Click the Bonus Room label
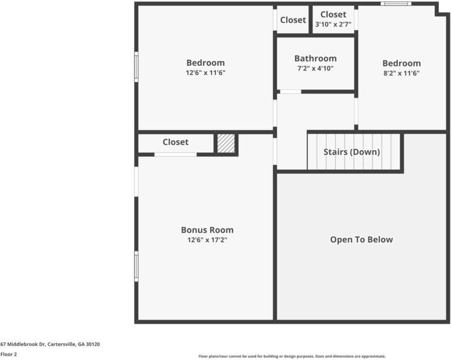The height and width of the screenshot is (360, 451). point(207,230)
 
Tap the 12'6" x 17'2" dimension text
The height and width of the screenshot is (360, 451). point(207,240)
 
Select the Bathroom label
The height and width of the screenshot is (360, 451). point(315,59)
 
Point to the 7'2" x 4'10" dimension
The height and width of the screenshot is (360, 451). point(315,68)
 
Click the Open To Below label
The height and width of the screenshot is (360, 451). point(361,240)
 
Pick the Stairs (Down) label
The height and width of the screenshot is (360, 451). point(351,152)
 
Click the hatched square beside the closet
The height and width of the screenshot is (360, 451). point(226,143)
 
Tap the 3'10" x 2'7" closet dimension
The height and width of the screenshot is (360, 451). point(333,25)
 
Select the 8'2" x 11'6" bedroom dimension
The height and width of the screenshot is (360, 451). point(401,73)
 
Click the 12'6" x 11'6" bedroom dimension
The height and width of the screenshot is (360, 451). point(205,73)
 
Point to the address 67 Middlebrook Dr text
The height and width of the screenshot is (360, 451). point(50,344)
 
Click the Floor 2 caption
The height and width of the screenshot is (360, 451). point(8,355)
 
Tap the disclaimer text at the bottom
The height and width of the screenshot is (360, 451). point(292,356)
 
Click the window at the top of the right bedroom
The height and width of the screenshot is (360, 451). point(395,4)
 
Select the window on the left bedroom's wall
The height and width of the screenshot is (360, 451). point(136,67)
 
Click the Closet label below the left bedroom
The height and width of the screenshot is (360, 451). point(175,143)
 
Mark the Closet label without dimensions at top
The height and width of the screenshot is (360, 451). point(293,20)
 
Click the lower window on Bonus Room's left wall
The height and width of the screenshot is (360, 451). point(136,266)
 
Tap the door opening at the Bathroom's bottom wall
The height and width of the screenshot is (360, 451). point(290,92)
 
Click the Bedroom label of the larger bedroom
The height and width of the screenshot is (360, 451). point(205,63)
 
